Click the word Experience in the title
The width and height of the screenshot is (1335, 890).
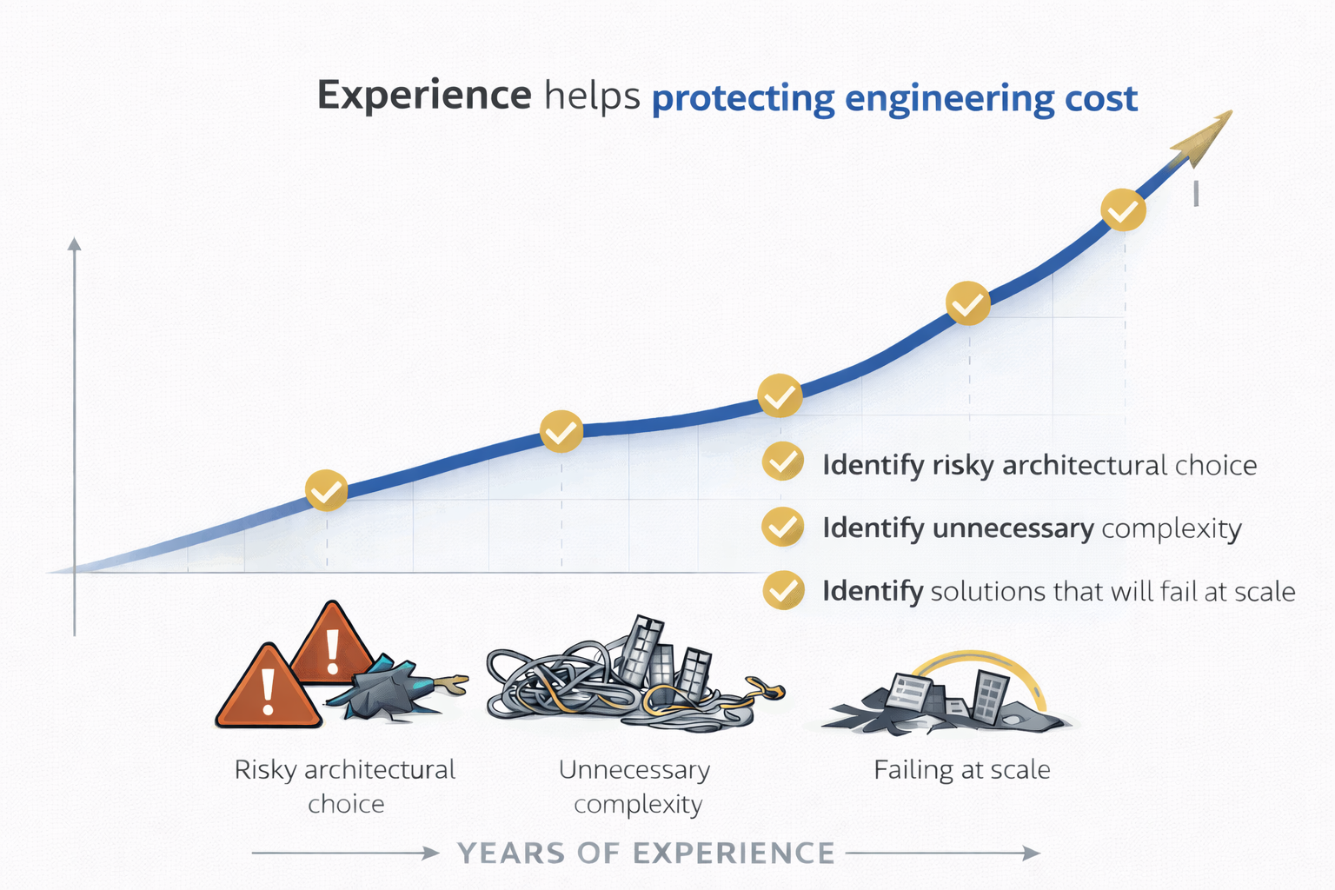tap(424, 96)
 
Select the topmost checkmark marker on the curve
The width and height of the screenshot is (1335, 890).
tap(1124, 209)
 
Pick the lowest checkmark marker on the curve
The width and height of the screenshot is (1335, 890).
tap(327, 490)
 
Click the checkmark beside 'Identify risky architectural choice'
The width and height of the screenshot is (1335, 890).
tap(782, 462)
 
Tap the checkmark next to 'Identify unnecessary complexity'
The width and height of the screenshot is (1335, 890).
tap(782, 527)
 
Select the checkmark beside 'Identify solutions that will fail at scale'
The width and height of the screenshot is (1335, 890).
tap(783, 590)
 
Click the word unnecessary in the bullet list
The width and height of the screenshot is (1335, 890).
tap(1013, 528)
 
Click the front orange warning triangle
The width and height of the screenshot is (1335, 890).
tap(269, 686)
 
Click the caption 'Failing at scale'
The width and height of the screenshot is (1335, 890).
tap(962, 769)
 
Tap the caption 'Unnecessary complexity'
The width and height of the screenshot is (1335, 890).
tap(635, 787)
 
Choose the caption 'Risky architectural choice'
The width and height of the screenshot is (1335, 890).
tap(345, 787)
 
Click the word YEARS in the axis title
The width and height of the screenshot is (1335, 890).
tap(511, 853)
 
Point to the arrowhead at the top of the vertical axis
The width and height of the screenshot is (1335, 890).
tap(74, 244)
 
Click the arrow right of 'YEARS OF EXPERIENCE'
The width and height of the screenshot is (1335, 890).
tap(943, 853)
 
